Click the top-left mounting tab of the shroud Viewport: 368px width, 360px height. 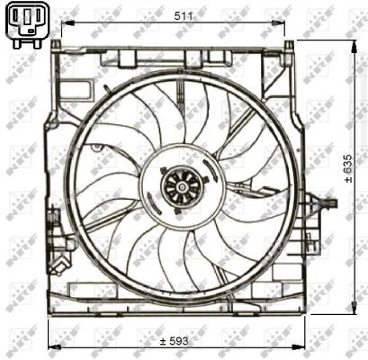(57, 45)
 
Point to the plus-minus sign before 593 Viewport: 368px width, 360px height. (163, 341)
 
